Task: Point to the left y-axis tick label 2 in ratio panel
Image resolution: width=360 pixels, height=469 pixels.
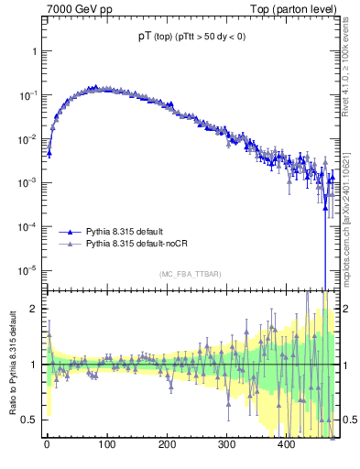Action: [x=33, y=309]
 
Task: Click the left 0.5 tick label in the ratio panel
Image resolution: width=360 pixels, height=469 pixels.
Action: [x=29, y=420]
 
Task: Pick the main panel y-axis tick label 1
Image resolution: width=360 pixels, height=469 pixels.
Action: [x=33, y=51]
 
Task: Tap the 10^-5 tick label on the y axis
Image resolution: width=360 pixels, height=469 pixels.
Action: [x=27, y=270]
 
